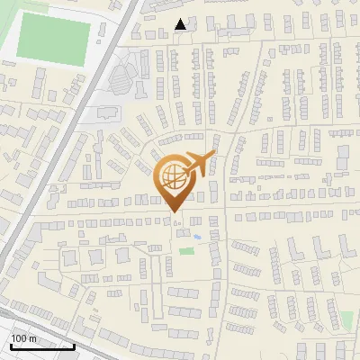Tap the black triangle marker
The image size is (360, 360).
[181, 24]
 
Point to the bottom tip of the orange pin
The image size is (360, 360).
[174, 212]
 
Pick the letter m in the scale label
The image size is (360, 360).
[32, 338]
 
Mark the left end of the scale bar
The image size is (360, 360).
[10, 346]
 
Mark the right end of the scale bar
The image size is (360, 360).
[74, 346]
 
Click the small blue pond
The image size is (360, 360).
[196, 237]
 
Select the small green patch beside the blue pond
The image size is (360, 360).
[186, 250]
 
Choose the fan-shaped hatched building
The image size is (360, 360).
[121, 77]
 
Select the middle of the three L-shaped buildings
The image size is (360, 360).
[95, 256]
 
